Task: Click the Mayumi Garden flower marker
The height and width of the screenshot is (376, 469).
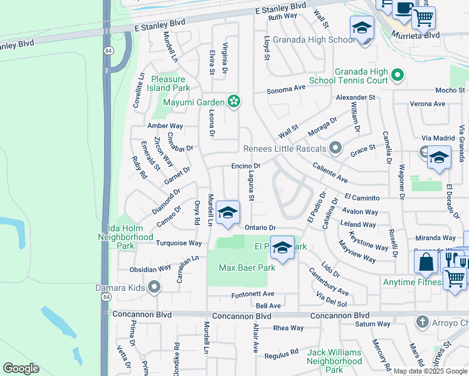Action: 234,102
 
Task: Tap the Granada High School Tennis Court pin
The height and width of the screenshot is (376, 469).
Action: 397,76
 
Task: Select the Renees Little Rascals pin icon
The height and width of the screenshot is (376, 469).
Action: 335,148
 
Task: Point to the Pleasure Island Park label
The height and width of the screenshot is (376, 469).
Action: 168,83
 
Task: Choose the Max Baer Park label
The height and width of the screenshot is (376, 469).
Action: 247,268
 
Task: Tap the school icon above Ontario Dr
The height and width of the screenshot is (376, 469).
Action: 228,213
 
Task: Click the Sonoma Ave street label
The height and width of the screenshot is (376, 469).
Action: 286,89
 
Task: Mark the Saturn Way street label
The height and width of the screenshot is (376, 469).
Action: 373,324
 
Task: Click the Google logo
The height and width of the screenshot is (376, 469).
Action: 21,368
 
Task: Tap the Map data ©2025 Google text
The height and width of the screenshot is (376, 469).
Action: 430,371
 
